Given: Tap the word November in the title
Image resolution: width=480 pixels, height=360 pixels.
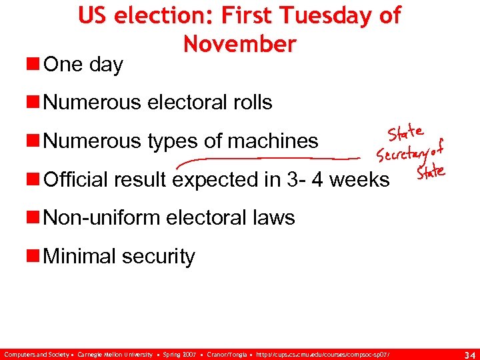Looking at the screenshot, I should [x=239, y=44].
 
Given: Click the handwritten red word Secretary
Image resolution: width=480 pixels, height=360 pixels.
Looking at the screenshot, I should [x=404, y=153].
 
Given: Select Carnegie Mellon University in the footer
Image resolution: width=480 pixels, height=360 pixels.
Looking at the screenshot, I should [x=116, y=353].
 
